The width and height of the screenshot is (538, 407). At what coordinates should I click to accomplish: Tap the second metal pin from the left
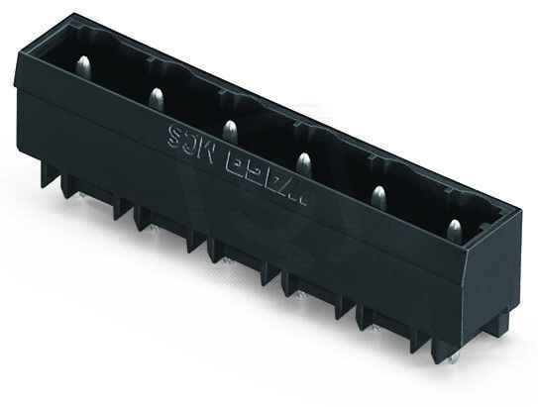[156, 97]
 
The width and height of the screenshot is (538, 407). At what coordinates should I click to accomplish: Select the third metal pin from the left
[229, 129]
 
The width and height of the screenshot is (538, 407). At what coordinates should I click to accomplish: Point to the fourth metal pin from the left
[303, 160]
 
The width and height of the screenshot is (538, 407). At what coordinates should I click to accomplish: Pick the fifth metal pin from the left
[377, 195]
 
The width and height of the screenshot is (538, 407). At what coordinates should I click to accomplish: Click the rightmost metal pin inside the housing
[454, 231]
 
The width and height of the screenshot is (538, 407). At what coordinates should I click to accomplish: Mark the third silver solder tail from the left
[227, 260]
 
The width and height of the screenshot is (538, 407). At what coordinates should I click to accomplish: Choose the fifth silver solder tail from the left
[374, 327]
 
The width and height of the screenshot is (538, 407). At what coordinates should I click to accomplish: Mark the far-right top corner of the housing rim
[518, 210]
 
